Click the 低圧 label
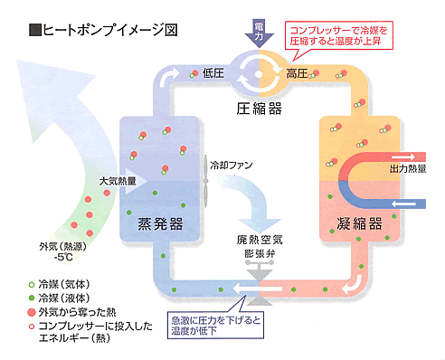pyautogui.click(x=214, y=72)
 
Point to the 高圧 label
pyautogui.click(x=298, y=72)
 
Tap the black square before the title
pyautogui.click(x=35, y=29)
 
